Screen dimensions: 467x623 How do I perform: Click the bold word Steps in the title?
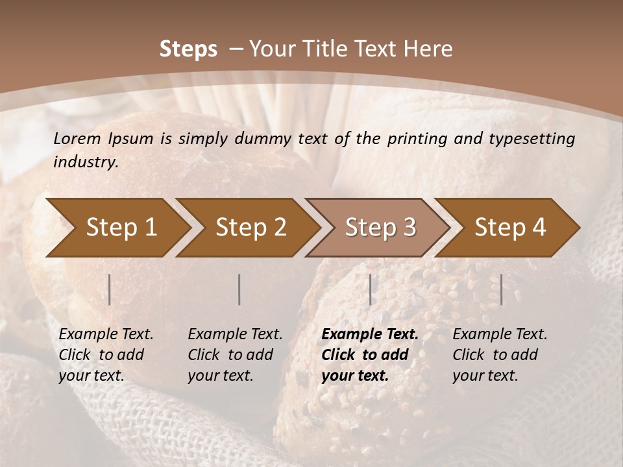click(x=188, y=49)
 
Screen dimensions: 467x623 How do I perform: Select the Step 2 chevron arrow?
click(x=250, y=227)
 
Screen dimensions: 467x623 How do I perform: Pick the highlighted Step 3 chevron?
click(x=380, y=227)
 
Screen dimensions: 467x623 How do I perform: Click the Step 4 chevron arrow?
click(x=510, y=227)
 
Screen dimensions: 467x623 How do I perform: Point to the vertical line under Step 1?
click(x=110, y=289)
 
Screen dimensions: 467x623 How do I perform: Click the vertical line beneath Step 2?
click(x=239, y=289)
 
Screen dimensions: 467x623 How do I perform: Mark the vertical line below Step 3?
click(x=370, y=289)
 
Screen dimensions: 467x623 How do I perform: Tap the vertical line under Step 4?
click(x=501, y=289)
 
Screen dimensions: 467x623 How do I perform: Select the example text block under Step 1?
click(x=106, y=355)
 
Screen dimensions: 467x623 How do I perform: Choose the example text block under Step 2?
click(x=235, y=355)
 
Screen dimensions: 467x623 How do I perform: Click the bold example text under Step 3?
click(x=370, y=355)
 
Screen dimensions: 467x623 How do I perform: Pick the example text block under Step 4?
click(x=500, y=355)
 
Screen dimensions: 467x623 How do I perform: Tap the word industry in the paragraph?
click(x=85, y=162)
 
